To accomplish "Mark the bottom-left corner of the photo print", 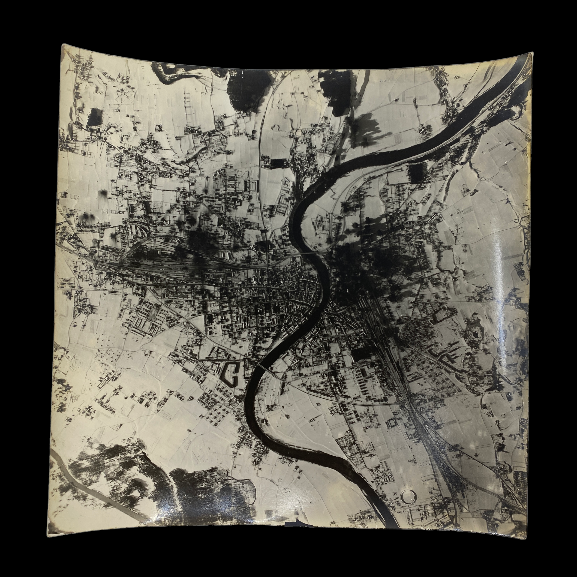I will [x=48, y=533].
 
